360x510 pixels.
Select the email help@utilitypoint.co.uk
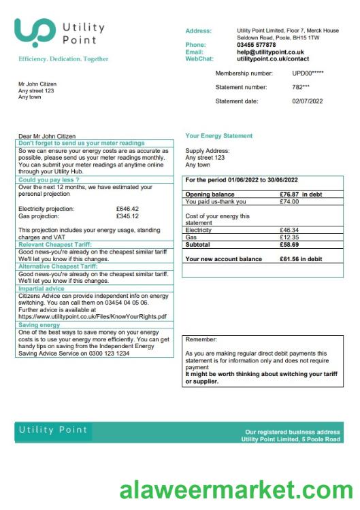pyautogui.click(x=270, y=52)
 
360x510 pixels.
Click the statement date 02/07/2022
pyautogui.click(x=307, y=101)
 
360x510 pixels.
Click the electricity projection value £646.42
pyautogui.click(x=127, y=209)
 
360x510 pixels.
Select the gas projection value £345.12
pyautogui.click(x=127, y=216)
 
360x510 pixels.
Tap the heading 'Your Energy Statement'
pyautogui.click(x=218, y=136)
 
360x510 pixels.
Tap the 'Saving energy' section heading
pyautogui.click(x=41, y=324)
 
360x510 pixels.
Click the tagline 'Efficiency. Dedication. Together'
pyautogui.click(x=63, y=59)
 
